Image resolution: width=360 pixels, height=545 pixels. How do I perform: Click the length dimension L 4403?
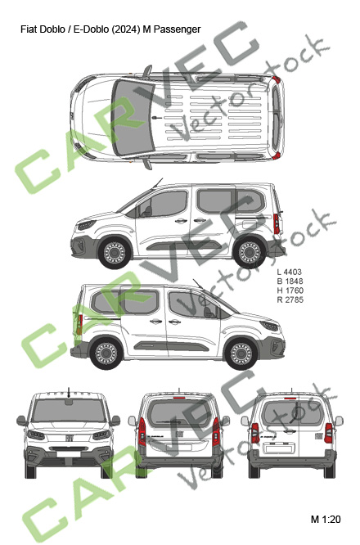click(289, 272)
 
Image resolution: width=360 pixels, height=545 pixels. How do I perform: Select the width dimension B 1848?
click(290, 282)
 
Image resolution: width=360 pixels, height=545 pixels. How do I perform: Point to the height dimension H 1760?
click(290, 291)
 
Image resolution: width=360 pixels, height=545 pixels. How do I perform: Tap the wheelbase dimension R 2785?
click(290, 300)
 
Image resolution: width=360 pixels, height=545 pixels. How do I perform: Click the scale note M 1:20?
click(326, 520)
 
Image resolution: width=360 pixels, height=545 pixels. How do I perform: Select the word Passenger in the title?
click(178, 29)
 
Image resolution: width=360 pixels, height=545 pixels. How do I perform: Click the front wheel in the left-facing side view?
click(114, 253)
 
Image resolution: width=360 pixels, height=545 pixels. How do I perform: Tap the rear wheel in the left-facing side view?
click(250, 253)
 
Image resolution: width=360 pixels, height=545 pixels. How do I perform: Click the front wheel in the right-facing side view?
click(241, 354)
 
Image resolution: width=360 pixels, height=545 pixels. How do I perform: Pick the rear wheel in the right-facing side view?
click(106, 354)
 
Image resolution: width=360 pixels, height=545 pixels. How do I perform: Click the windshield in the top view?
click(133, 118)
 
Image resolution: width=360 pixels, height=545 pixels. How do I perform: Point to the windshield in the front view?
click(69, 411)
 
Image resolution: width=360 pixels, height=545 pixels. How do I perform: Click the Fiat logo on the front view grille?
click(69, 437)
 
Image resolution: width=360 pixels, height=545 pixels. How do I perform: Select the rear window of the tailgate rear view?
click(179, 413)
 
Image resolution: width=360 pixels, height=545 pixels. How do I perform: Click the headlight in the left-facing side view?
click(87, 225)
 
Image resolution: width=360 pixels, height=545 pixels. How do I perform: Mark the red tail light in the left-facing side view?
click(277, 224)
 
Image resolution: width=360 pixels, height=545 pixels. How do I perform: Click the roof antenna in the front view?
click(69, 393)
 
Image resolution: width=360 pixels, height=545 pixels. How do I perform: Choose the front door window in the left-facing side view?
click(164, 204)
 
